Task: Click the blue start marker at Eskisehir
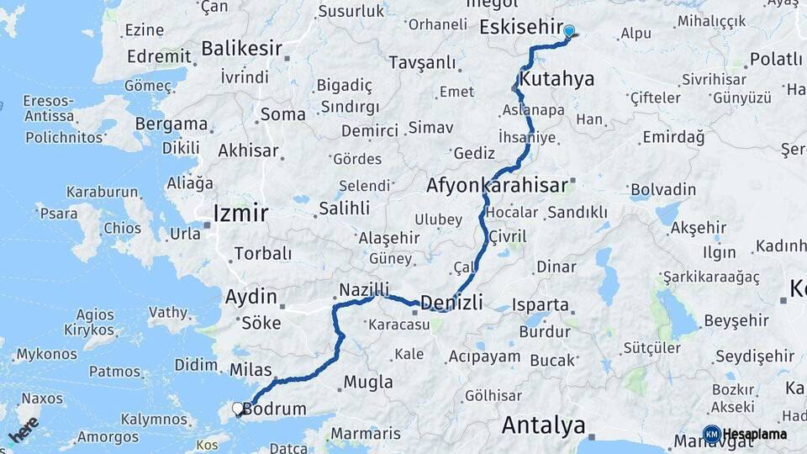(x=569, y=32)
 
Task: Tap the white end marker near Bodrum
(x=238, y=409)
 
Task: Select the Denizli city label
(x=451, y=303)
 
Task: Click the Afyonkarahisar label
(x=498, y=185)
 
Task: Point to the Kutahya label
(x=556, y=79)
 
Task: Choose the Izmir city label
(x=240, y=213)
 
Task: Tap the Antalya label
(x=543, y=425)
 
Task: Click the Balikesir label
(x=241, y=48)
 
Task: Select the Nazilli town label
(x=365, y=290)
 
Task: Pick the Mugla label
(x=368, y=382)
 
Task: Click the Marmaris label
(x=365, y=434)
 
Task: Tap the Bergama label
(x=171, y=124)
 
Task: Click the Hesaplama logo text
(x=755, y=435)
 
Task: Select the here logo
(x=24, y=430)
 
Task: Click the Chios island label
(x=122, y=229)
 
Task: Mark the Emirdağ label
(x=672, y=136)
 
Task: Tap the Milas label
(x=251, y=370)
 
